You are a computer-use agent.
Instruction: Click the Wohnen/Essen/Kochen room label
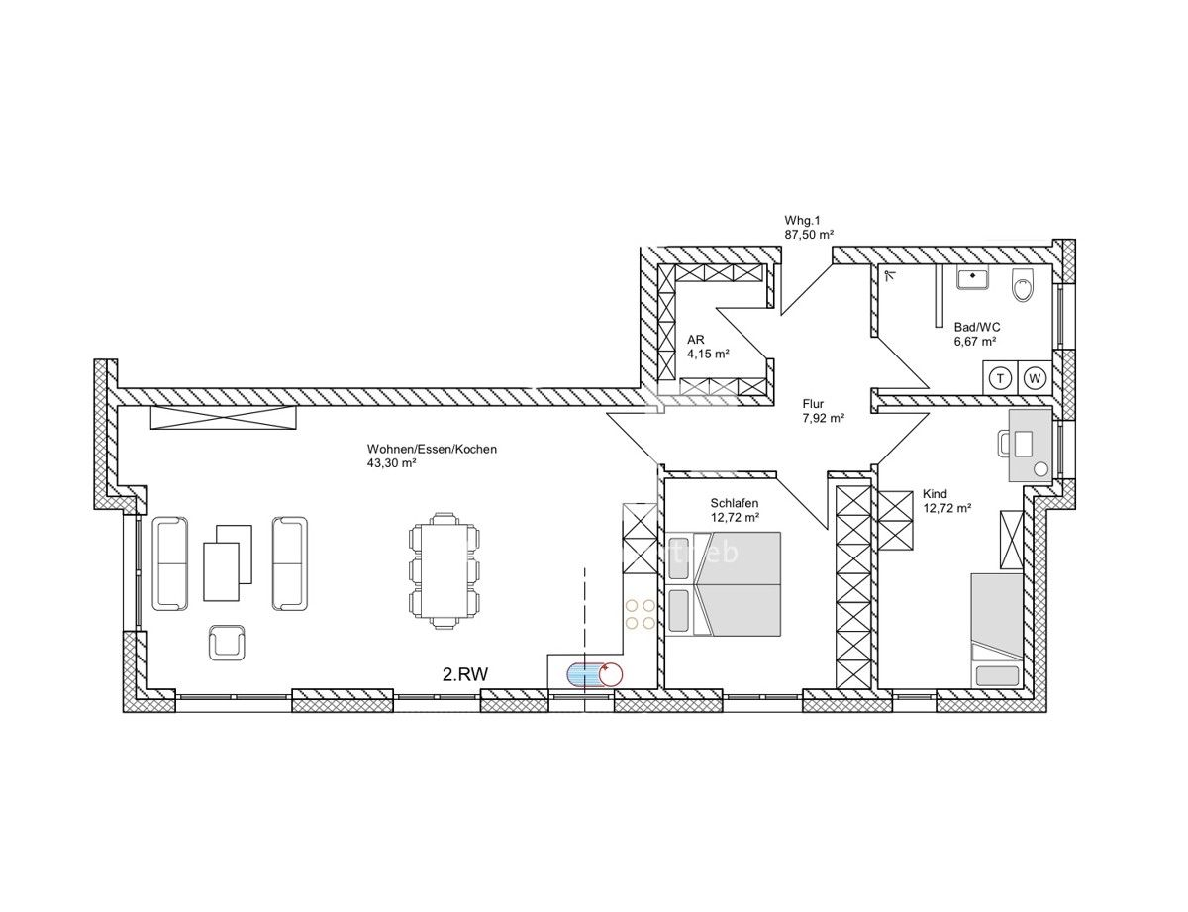(432, 449)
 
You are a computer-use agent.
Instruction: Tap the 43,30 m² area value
(391, 462)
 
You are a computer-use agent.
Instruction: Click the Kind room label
(934, 493)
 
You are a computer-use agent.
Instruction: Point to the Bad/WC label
(975, 327)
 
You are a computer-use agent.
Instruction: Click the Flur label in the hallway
(813, 404)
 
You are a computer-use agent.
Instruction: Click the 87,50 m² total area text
(808, 234)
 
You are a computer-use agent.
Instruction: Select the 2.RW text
(465, 674)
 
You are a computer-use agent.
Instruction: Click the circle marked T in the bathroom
(1001, 377)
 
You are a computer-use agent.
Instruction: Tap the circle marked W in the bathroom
(1035, 377)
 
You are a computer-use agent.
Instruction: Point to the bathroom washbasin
(974, 279)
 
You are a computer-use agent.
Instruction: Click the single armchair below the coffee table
(227, 643)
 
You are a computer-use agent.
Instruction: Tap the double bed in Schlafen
(740, 583)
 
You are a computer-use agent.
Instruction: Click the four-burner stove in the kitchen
(640, 613)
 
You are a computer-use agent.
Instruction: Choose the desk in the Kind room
(1030, 446)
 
